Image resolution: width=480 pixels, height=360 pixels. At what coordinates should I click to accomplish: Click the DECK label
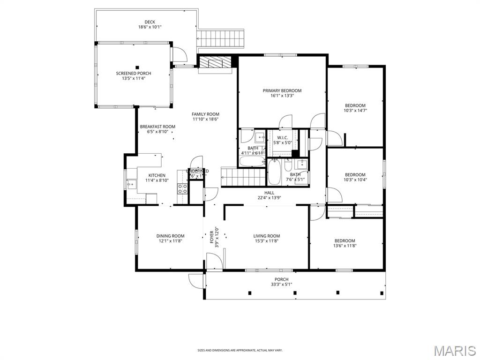150,22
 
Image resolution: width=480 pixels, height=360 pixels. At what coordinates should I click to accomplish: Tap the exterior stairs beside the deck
221,37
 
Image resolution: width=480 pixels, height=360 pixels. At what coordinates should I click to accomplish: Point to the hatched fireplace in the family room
215,62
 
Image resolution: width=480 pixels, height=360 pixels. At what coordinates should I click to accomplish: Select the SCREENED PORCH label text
134,74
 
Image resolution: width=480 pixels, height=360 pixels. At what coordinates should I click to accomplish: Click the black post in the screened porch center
137,67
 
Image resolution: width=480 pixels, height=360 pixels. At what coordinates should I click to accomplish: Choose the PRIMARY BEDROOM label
282,91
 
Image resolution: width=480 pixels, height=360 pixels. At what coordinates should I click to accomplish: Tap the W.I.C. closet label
282,138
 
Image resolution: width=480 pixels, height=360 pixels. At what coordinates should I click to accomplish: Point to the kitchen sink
131,183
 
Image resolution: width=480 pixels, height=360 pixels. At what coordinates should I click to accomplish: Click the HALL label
269,193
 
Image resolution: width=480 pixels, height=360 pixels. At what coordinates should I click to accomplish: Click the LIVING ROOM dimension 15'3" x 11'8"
266,241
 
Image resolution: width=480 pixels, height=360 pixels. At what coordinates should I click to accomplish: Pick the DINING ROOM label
170,236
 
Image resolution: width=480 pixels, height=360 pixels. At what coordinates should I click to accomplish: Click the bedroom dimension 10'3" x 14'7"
355,111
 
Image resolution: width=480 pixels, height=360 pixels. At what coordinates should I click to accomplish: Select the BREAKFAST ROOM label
157,127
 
